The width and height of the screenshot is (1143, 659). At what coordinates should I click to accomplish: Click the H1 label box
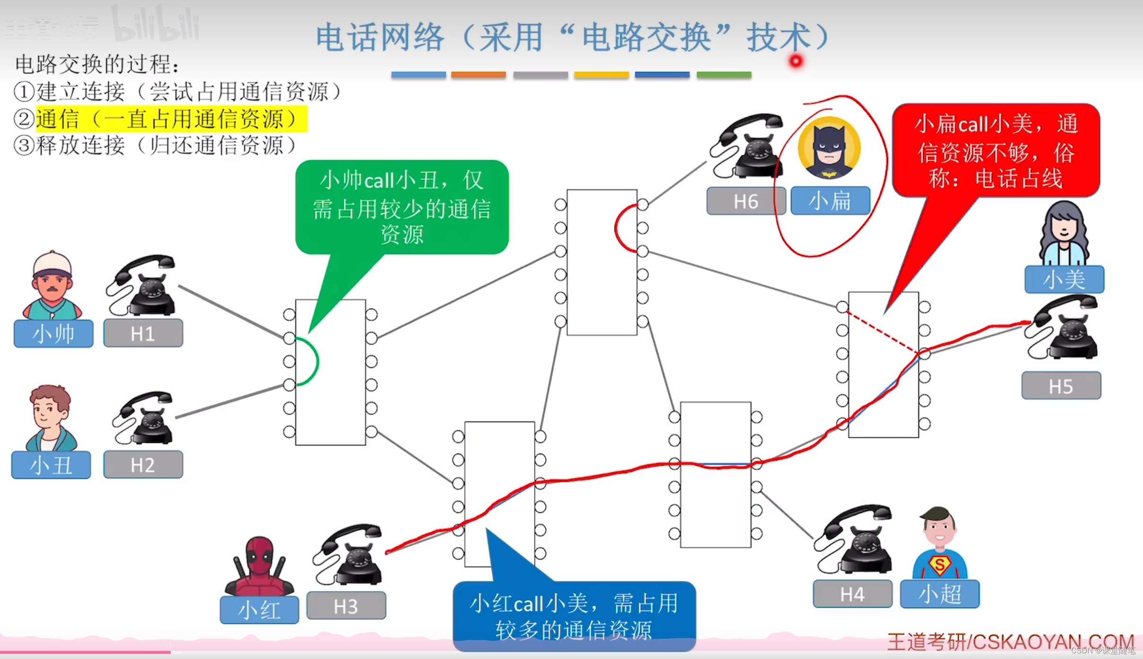[x=143, y=334]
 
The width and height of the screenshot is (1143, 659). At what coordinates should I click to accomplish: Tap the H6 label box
[x=745, y=201]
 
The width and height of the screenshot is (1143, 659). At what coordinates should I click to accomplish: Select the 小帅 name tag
[x=53, y=334]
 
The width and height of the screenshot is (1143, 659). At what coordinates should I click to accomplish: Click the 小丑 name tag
[x=51, y=465]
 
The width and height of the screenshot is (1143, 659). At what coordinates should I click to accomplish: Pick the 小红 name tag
[x=259, y=610]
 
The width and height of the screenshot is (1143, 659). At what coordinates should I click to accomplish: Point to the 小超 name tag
[x=939, y=594]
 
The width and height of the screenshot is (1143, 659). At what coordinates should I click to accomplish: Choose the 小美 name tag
[x=1064, y=279]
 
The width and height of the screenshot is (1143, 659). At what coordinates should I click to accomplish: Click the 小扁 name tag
[x=830, y=201]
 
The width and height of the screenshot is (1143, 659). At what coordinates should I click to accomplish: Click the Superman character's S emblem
[x=940, y=564]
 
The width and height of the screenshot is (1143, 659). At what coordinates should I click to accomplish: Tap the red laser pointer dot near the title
[x=796, y=61]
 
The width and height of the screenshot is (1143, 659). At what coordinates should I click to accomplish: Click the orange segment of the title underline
[x=478, y=75]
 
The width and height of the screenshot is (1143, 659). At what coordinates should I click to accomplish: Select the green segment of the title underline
[x=724, y=75]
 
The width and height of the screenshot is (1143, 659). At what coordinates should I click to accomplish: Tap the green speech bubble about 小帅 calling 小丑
[x=402, y=207]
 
